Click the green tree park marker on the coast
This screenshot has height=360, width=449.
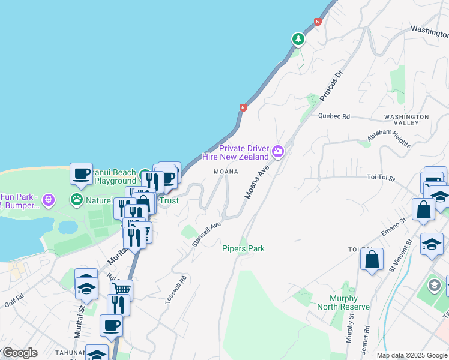[x=298, y=39]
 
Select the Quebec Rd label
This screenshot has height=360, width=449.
[x=334, y=116]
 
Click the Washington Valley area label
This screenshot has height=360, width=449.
[x=406, y=119]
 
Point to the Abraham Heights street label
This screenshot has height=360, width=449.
[x=389, y=139]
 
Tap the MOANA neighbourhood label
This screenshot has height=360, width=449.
[x=226, y=172]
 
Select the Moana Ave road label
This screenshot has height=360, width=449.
[x=255, y=184]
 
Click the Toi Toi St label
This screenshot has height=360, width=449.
[x=381, y=178]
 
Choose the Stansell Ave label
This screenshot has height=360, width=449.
[x=207, y=234]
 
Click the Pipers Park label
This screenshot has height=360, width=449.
[x=243, y=248]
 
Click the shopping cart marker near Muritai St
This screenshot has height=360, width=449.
[x=121, y=289]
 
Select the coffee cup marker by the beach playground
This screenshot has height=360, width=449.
[x=81, y=173]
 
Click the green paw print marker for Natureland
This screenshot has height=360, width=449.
[x=77, y=199]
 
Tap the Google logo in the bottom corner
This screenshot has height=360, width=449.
[x=19, y=353]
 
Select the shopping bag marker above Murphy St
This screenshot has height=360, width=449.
[x=372, y=259]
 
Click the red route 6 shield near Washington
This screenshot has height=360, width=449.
[x=318, y=22]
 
